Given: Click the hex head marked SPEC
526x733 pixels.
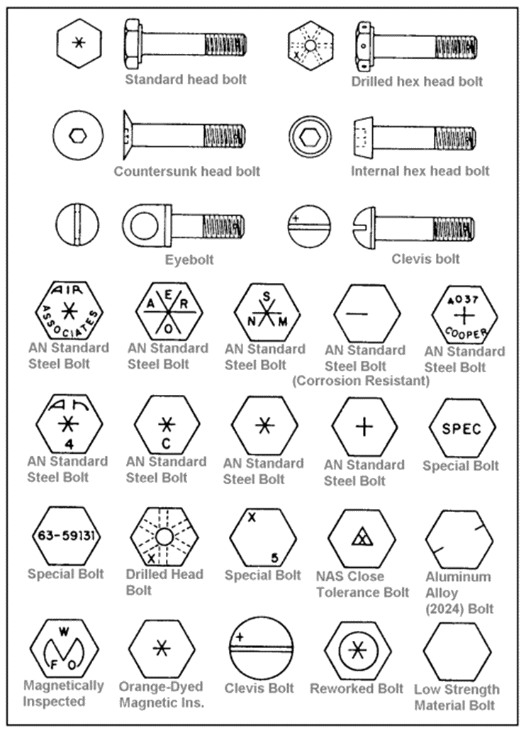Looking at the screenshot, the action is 462,427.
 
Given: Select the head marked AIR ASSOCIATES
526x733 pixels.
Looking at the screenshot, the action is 69,310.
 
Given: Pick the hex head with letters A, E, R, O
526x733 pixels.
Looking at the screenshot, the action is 169,311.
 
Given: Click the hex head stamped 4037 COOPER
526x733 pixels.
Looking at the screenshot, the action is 464,315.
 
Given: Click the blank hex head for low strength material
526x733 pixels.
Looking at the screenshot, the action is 457,651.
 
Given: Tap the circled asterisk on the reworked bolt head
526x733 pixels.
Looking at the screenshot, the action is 358,650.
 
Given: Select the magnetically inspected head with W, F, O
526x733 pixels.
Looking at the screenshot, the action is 64,649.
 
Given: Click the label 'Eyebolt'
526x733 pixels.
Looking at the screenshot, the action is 189,260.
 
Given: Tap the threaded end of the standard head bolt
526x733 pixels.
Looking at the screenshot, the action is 226,45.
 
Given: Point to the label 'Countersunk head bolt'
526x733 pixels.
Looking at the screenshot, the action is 187,171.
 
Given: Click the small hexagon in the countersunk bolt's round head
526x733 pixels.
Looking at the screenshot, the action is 77,135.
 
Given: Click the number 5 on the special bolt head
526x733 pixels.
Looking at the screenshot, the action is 275,557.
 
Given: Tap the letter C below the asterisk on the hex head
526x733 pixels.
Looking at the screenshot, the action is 167,443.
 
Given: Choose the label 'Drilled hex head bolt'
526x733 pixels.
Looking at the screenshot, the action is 417,82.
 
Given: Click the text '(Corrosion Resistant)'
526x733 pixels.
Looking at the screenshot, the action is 361,381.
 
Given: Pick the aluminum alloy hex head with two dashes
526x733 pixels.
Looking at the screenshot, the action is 459,539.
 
